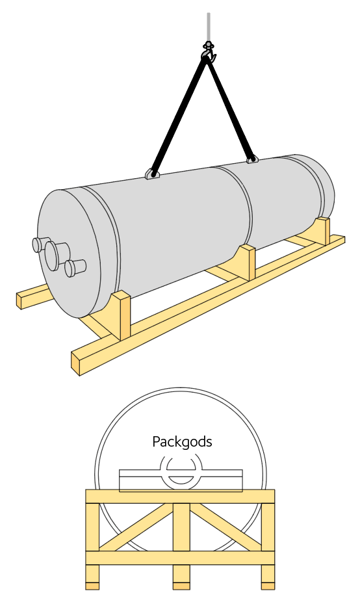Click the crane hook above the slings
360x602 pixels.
pos(209,51)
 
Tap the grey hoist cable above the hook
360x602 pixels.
pos(209,27)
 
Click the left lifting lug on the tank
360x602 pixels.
pos(152,174)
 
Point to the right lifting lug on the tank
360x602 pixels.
pos(252,159)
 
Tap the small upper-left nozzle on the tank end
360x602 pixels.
pos(40,244)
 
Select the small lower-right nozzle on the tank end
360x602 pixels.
pos(75,268)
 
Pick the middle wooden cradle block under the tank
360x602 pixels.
pos(246,262)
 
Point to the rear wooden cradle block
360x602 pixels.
pos(322,230)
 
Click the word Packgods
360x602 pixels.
pos(182,441)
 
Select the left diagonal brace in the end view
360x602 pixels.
pos(136,527)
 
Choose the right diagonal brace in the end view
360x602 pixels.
pos(226,527)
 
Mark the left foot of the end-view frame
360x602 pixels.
pos(92,577)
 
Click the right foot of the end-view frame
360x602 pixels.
pos(268,577)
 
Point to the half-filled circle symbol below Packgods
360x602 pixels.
pos(181,470)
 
